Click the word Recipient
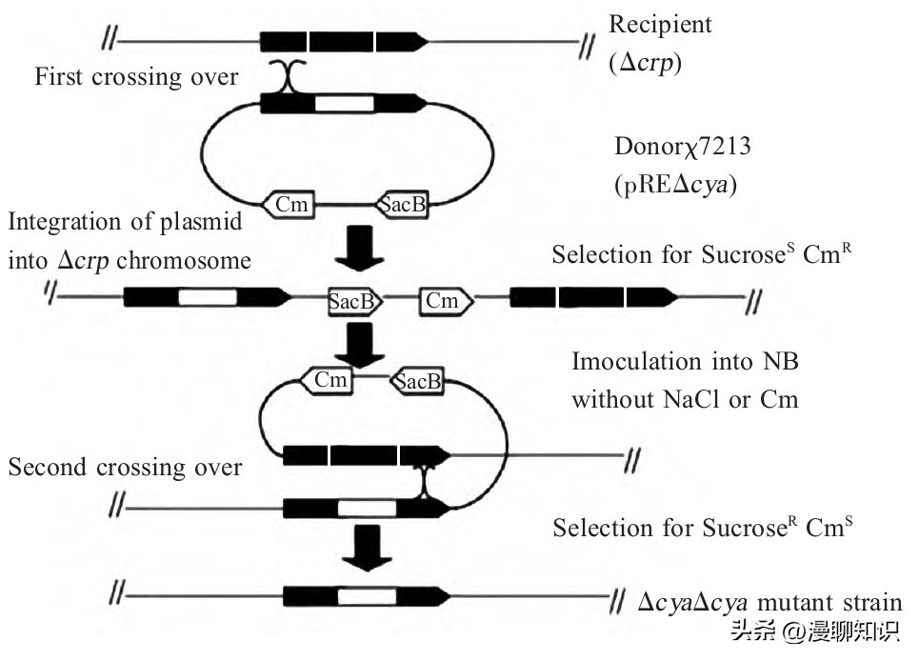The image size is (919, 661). (x=660, y=24)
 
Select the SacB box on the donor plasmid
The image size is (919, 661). (x=402, y=204)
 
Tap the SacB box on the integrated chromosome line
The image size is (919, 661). (x=355, y=301)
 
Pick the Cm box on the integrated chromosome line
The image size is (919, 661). (x=442, y=301)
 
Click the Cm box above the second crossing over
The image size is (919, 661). (x=329, y=380)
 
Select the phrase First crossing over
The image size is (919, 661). (x=136, y=76)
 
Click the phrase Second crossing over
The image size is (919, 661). (x=124, y=467)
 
